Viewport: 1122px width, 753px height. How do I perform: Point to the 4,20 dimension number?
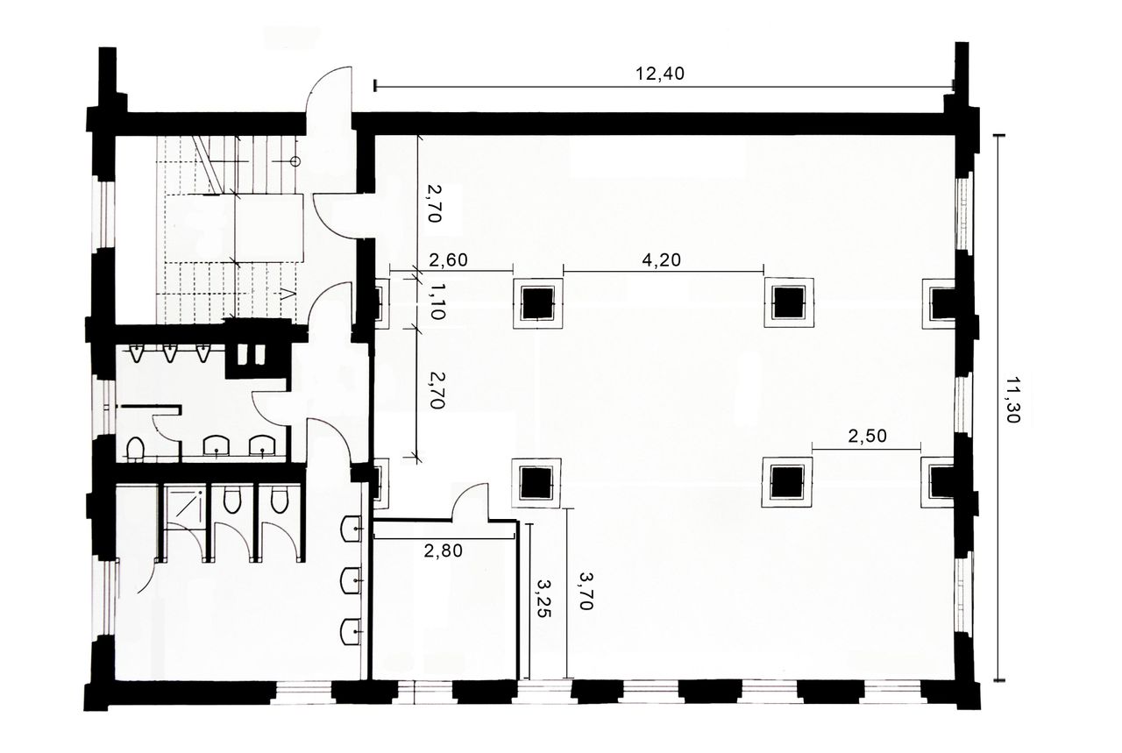663,259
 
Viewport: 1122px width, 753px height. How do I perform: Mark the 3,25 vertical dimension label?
545,599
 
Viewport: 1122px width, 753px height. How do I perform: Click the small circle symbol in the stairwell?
295,160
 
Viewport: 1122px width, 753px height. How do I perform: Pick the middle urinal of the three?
169,353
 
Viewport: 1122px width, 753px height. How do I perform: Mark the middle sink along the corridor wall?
352,578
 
